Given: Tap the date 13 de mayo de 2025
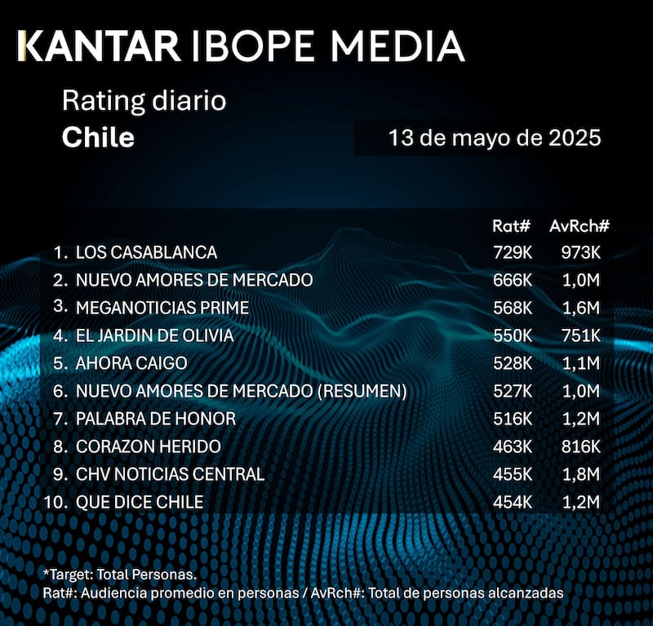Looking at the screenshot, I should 495,137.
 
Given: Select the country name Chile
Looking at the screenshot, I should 98,136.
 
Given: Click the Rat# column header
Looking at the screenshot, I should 512,225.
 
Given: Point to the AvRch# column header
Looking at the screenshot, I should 580,225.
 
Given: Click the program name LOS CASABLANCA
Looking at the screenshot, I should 146,251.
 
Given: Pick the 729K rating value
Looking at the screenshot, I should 512,251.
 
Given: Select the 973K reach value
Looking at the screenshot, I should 581,251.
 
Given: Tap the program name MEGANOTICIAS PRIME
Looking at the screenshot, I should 162,308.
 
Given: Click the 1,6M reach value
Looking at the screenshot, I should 583,308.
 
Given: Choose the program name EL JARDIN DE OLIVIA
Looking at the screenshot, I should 154,335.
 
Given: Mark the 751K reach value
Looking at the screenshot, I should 581,335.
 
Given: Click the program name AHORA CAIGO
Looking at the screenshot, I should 131,363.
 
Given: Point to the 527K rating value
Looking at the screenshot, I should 512,391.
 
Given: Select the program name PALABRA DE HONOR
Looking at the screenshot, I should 156,419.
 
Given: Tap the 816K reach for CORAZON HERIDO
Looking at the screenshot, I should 581,446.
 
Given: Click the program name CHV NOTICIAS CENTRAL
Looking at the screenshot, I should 170,474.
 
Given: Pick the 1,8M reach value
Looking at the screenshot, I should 583,474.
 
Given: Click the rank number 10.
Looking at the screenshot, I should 55,502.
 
